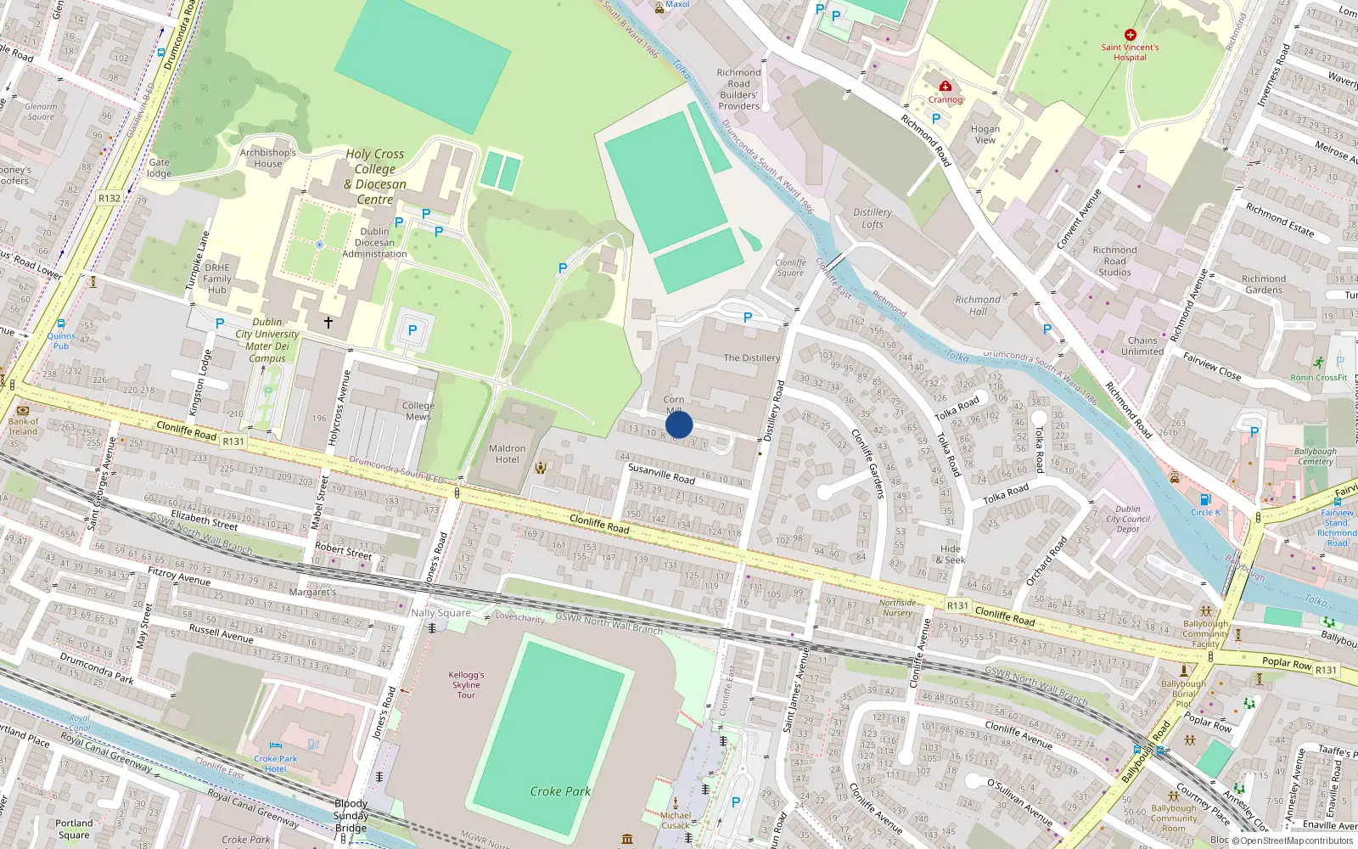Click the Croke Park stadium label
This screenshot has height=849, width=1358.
click(x=560, y=791)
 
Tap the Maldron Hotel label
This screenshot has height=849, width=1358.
click(x=507, y=453)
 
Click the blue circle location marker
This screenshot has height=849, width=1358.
click(x=679, y=424)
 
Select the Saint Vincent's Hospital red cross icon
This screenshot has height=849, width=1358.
click(x=1130, y=35)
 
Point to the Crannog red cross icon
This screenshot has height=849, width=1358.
click(x=945, y=87)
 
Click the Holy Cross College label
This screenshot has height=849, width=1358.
click(x=375, y=177)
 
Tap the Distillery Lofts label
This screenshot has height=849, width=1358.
click(x=873, y=218)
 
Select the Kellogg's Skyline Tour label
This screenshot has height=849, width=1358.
click(x=466, y=684)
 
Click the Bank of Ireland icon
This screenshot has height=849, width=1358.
click(x=23, y=409)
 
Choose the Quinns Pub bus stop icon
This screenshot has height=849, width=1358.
click(x=61, y=323)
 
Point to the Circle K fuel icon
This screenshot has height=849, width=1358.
click(x=1205, y=499)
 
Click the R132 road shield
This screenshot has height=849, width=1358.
click(x=109, y=199)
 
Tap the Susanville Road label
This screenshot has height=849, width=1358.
click(x=661, y=473)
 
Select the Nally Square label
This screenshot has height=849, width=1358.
click(x=441, y=612)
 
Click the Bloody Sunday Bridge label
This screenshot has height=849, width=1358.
click(x=351, y=815)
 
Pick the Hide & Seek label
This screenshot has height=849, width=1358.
click(x=951, y=554)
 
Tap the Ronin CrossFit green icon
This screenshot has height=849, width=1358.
click(x=1317, y=363)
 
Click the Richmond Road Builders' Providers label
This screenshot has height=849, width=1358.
click(x=739, y=89)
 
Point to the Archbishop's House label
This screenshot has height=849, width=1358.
click(x=267, y=158)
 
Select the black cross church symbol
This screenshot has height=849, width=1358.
click(x=328, y=323)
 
